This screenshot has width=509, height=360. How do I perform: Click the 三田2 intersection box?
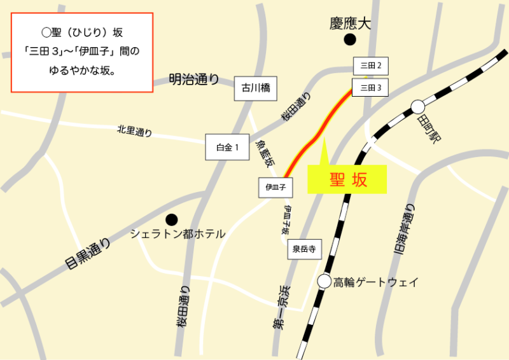370,66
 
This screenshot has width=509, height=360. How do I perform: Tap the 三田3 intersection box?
370,88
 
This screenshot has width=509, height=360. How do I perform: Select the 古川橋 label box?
256,89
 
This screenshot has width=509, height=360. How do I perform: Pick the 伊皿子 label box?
275,187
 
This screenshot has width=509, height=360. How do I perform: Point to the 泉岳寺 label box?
304,249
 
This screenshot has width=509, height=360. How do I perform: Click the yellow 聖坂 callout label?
347,180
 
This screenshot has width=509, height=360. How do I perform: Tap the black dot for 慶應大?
349,41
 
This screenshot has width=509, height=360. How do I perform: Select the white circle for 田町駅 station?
417,106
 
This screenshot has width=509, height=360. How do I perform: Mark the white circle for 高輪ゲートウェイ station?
324,280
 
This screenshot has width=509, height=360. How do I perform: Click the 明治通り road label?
194,80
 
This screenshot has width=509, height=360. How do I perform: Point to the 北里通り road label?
135,131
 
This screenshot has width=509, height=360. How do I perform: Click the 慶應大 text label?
350,24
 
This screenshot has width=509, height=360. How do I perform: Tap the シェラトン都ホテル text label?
178,234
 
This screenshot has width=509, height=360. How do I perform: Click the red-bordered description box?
82,52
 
